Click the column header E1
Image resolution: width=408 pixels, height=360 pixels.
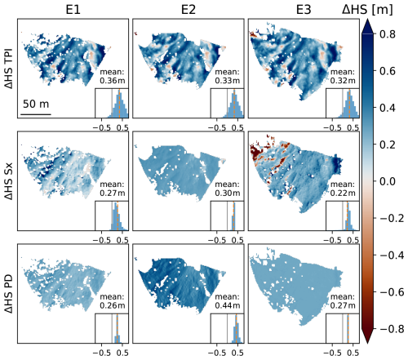(x=73, y=10)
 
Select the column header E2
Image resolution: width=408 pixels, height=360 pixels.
(x=188, y=10)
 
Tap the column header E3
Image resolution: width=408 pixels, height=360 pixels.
(x=304, y=10)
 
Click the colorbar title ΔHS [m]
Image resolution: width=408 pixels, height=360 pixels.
(x=367, y=10)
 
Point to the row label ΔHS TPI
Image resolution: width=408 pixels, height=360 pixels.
(x=9, y=69)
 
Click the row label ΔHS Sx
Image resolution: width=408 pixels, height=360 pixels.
(x=9, y=181)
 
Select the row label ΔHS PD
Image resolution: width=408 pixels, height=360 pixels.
(x=9, y=293)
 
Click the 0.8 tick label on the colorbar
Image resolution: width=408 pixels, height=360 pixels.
(x=388, y=34)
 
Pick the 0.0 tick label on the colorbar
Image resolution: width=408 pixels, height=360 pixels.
(x=388, y=181)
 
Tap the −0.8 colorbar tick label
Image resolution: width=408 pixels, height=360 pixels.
(x=391, y=329)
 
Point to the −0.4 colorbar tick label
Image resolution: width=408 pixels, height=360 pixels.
(x=391, y=256)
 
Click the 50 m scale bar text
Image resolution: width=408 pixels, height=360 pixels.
(x=36, y=104)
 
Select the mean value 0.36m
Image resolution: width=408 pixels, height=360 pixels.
(x=113, y=81)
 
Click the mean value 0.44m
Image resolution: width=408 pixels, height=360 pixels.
(x=228, y=305)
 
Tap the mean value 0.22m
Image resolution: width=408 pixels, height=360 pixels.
(x=343, y=193)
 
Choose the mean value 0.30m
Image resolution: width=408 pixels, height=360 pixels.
(x=228, y=193)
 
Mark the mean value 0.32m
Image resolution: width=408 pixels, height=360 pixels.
(x=343, y=81)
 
